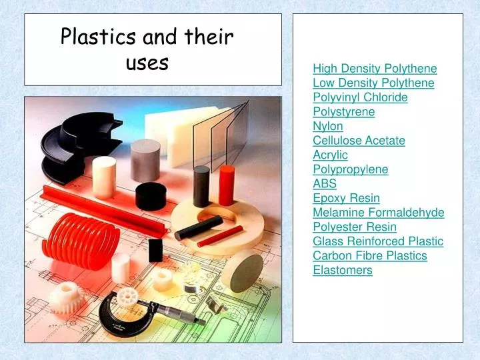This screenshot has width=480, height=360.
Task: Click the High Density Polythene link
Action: [x=375, y=69]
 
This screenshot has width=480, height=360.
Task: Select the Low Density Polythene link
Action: [x=373, y=83]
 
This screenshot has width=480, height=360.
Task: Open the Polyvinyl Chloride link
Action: [x=360, y=97]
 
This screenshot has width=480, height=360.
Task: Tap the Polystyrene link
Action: [x=343, y=112]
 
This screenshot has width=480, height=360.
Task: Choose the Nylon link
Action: [x=328, y=126]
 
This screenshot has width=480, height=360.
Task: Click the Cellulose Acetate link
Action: [x=359, y=141]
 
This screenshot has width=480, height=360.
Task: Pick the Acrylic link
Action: [x=330, y=155]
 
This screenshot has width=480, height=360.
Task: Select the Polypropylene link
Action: [x=350, y=169]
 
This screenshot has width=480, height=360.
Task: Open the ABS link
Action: [x=325, y=183]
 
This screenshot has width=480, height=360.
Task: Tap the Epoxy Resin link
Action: [x=346, y=198]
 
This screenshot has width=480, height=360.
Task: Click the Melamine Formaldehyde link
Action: [x=378, y=213]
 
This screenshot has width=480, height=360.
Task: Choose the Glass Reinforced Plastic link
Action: [x=378, y=241]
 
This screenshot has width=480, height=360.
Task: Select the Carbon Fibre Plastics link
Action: [x=369, y=256]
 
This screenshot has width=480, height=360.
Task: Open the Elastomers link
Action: [x=343, y=270]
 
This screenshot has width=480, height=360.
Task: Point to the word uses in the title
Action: [x=147, y=63]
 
